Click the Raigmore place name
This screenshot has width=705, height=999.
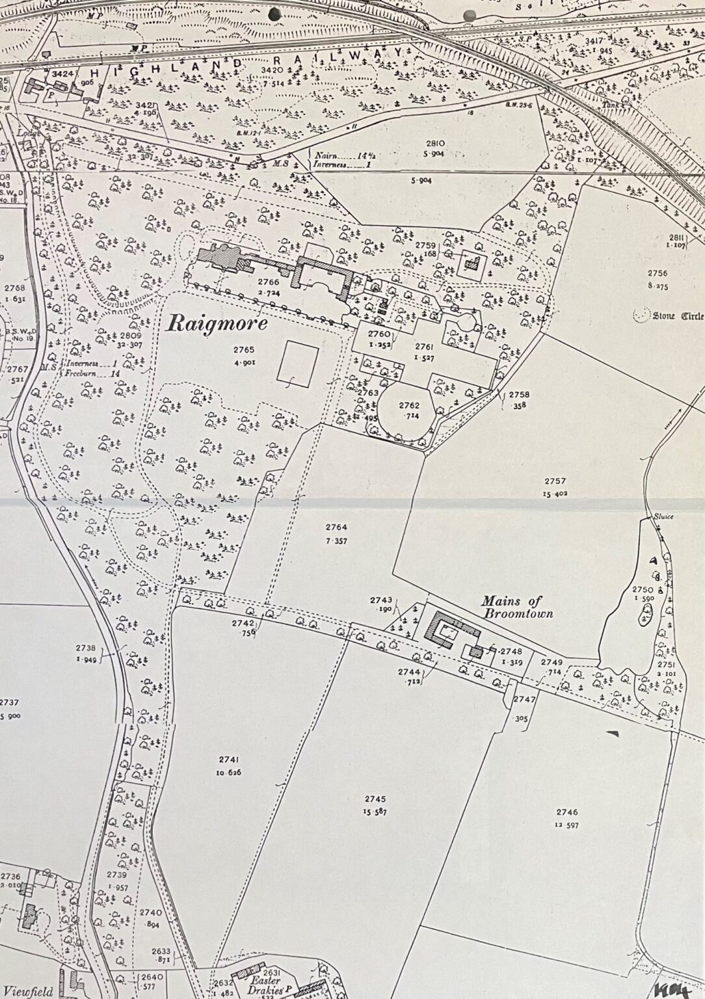click(x=211, y=323)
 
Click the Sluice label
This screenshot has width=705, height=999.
click(x=665, y=516)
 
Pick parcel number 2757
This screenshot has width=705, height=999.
click(x=555, y=481)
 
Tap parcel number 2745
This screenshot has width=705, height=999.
click(x=375, y=799)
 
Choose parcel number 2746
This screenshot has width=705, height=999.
click(x=566, y=812)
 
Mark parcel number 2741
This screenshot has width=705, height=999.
click(x=229, y=759)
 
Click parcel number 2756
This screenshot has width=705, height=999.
click(x=658, y=273)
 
